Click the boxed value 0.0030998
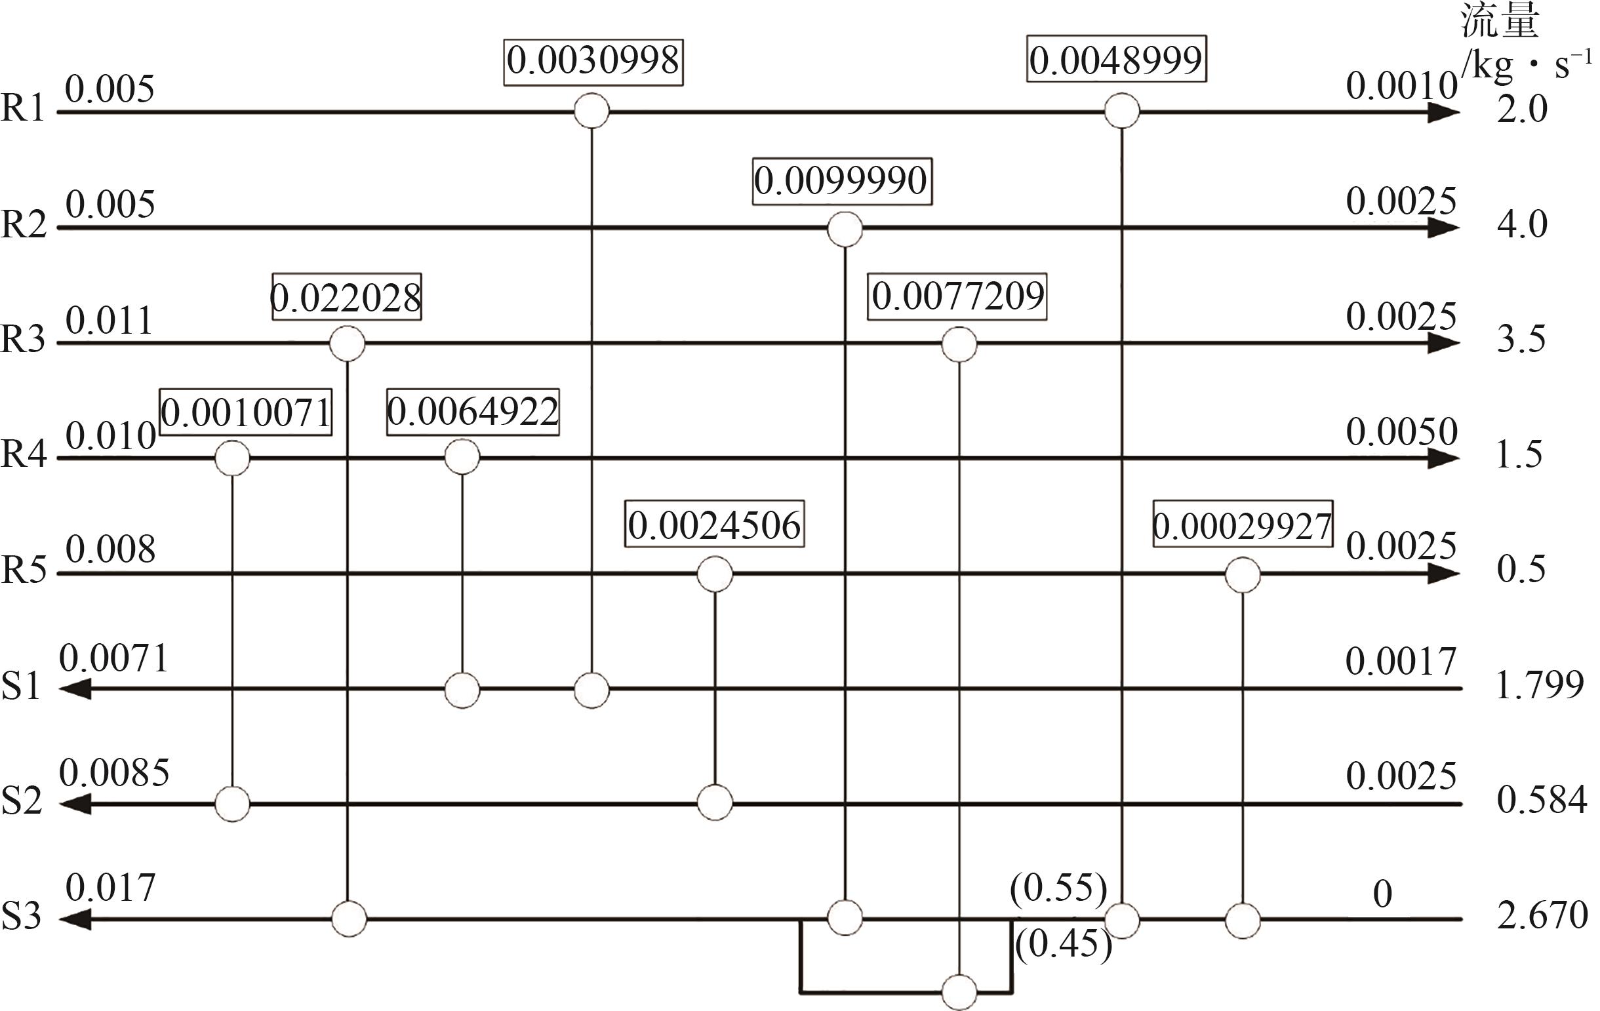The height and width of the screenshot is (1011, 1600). [x=593, y=61]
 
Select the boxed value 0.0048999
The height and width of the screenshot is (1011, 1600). [x=1115, y=61]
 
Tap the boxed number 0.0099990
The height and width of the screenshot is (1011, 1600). [x=841, y=181]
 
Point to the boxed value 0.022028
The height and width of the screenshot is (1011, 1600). [x=346, y=298]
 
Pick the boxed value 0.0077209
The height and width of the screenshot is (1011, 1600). [x=957, y=296]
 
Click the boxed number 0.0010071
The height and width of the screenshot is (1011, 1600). [x=246, y=412]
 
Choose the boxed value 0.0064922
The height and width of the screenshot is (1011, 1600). [x=472, y=412]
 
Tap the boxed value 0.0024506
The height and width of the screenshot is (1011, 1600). [x=714, y=525]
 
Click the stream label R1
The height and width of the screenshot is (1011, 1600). [x=22, y=108]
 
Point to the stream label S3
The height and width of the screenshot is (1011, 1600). [x=21, y=915]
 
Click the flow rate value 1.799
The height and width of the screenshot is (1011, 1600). [x=1539, y=685]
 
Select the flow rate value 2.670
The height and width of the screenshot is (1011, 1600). [x=1542, y=915]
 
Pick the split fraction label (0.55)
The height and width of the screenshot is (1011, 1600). [x=1058, y=889]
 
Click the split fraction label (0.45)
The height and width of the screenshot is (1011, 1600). [x=1062, y=945]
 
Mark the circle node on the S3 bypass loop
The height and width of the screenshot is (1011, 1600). [x=959, y=993]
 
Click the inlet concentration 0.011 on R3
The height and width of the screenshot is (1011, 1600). [x=109, y=321]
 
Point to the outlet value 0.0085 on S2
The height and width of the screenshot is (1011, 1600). [x=114, y=772]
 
